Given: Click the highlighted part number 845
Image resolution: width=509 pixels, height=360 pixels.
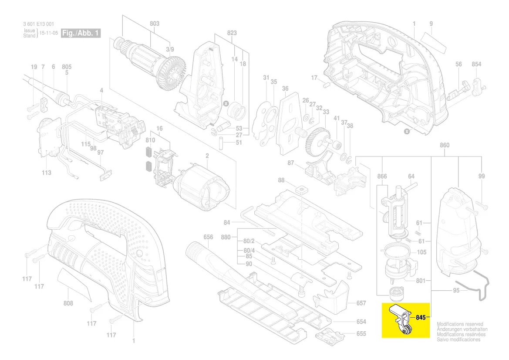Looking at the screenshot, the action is pyautogui.click(x=420, y=317).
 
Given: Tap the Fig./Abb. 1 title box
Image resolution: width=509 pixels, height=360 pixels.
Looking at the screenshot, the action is pyautogui.click(x=81, y=33).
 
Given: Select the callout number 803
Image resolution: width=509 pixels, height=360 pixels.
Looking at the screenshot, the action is pyautogui.click(x=155, y=24).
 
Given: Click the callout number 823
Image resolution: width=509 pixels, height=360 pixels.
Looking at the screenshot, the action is pyautogui.click(x=232, y=33).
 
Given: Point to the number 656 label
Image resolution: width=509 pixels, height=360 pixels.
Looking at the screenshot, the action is pyautogui.click(x=209, y=237).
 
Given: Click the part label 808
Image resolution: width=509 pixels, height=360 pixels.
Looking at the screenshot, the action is pyautogui.click(x=68, y=303).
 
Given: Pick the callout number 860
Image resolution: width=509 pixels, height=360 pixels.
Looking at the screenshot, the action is pyautogui.click(x=445, y=145).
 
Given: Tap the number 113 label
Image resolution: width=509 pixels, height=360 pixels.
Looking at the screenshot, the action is pyautogui.click(x=47, y=173).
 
